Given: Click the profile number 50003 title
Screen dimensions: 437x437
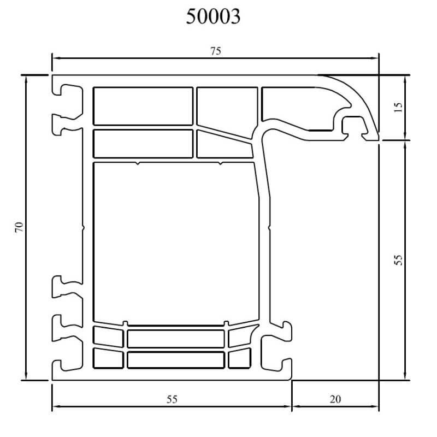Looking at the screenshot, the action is click(x=213, y=16).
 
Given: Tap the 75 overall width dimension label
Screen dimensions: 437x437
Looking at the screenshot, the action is click(x=215, y=51).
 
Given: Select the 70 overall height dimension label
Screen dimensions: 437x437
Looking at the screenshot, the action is click(x=19, y=227).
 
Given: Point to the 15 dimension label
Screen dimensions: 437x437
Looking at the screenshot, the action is click(x=399, y=107).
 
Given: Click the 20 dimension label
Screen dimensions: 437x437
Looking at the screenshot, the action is click(x=335, y=399).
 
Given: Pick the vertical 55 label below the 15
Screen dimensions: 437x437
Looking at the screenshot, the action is click(x=399, y=260).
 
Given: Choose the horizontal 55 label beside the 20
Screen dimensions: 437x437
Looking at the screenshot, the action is click(x=172, y=399).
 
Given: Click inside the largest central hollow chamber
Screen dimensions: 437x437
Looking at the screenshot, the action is click(x=175, y=243).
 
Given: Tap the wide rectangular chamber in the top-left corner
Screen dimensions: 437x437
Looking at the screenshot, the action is click(x=143, y=106).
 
